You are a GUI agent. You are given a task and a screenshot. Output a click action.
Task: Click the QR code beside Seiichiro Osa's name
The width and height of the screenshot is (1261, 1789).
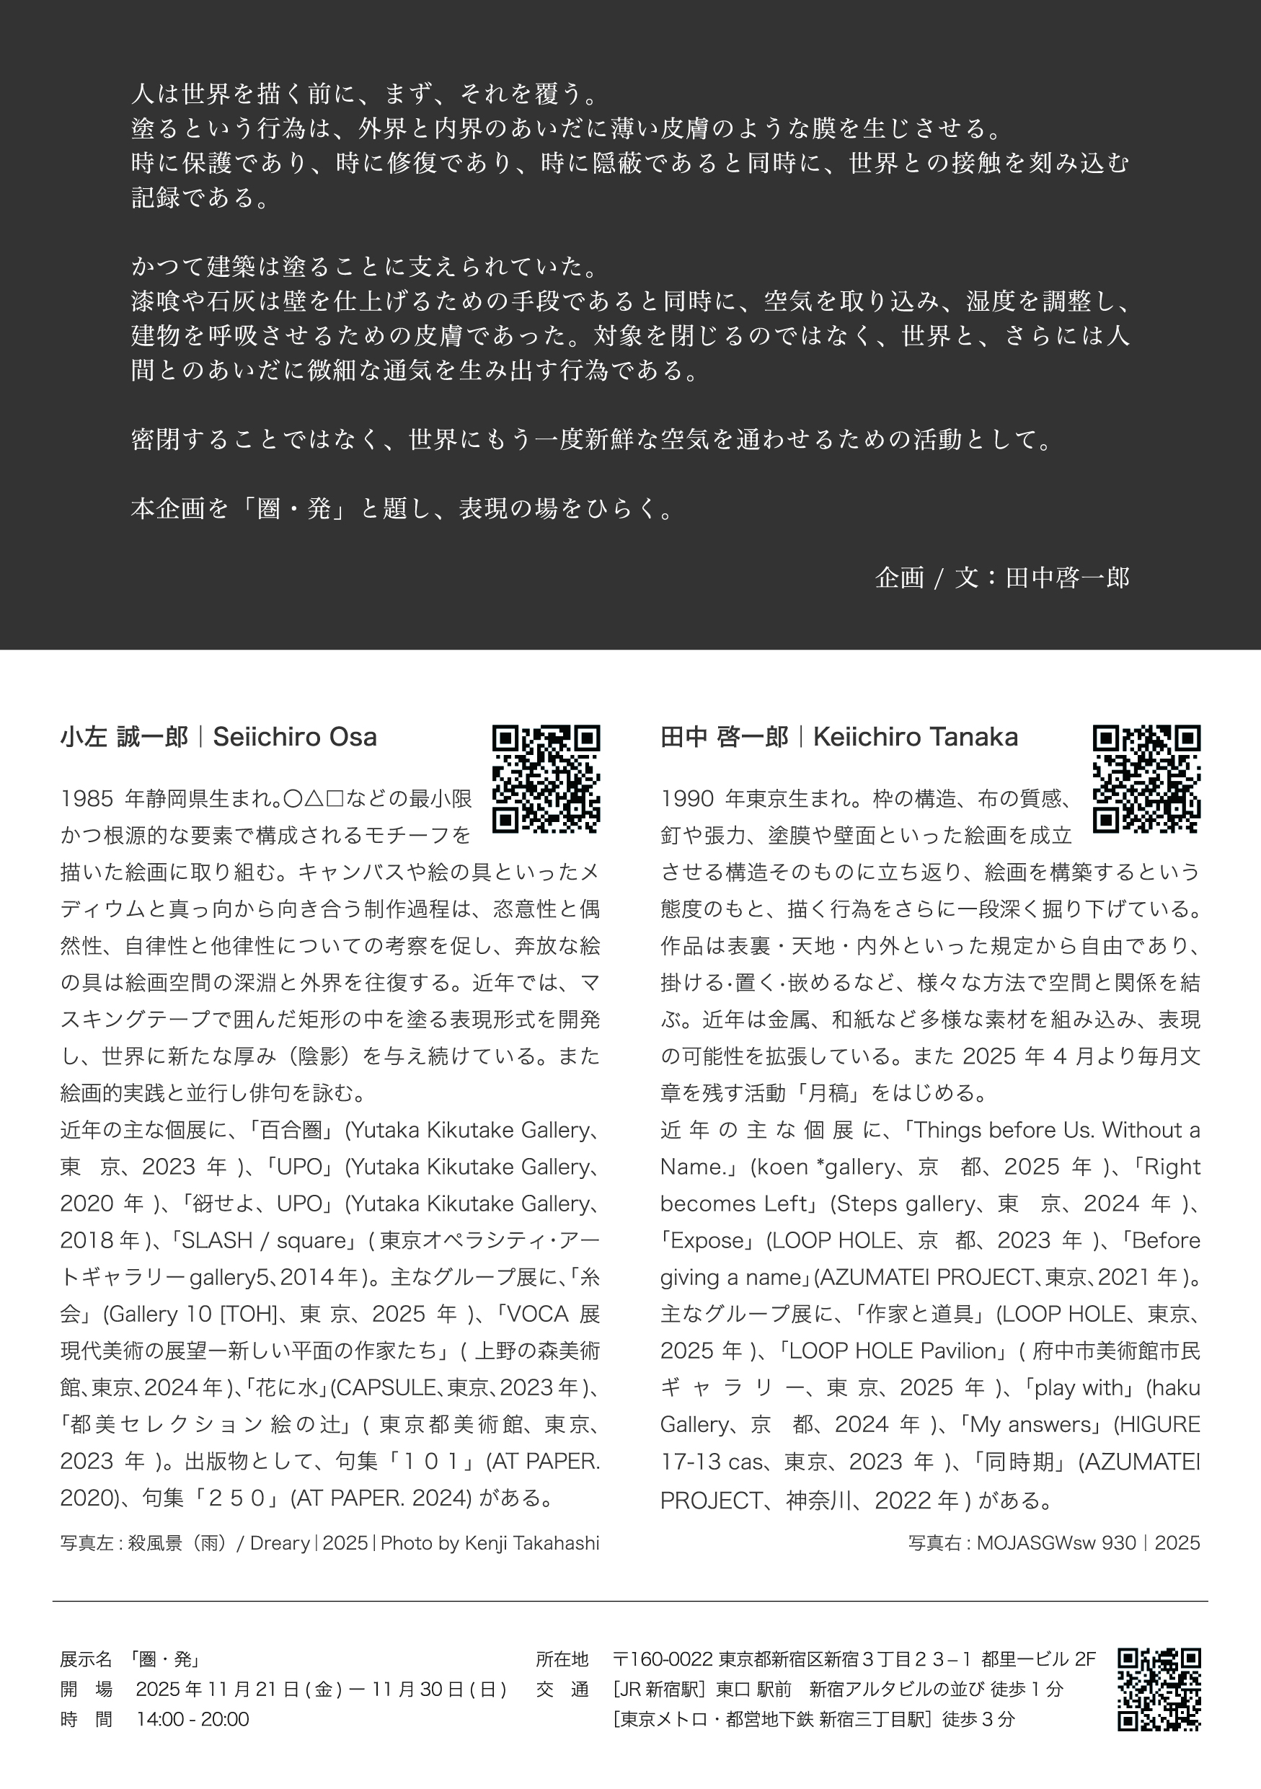click(x=546, y=778)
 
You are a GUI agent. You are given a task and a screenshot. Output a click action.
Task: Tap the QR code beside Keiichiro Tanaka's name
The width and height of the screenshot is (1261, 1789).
click(x=1146, y=778)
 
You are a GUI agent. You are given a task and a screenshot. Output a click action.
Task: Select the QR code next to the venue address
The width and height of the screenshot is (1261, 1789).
click(x=1159, y=1689)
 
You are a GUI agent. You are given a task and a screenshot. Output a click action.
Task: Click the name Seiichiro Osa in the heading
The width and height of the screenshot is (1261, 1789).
click(x=294, y=737)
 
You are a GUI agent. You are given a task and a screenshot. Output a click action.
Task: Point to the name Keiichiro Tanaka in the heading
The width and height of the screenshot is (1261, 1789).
click(x=915, y=737)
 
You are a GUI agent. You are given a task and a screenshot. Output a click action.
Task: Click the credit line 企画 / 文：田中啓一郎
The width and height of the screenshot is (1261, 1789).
click(x=1001, y=578)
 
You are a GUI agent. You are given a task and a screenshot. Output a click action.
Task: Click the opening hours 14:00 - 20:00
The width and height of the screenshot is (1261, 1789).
click(x=193, y=1719)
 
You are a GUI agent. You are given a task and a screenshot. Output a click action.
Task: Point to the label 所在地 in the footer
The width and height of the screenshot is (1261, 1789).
click(x=562, y=1660)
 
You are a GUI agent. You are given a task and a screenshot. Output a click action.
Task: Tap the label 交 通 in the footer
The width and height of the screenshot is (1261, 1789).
click(x=562, y=1689)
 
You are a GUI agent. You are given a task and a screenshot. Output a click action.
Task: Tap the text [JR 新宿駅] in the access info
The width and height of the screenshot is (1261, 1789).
click(x=661, y=1689)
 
